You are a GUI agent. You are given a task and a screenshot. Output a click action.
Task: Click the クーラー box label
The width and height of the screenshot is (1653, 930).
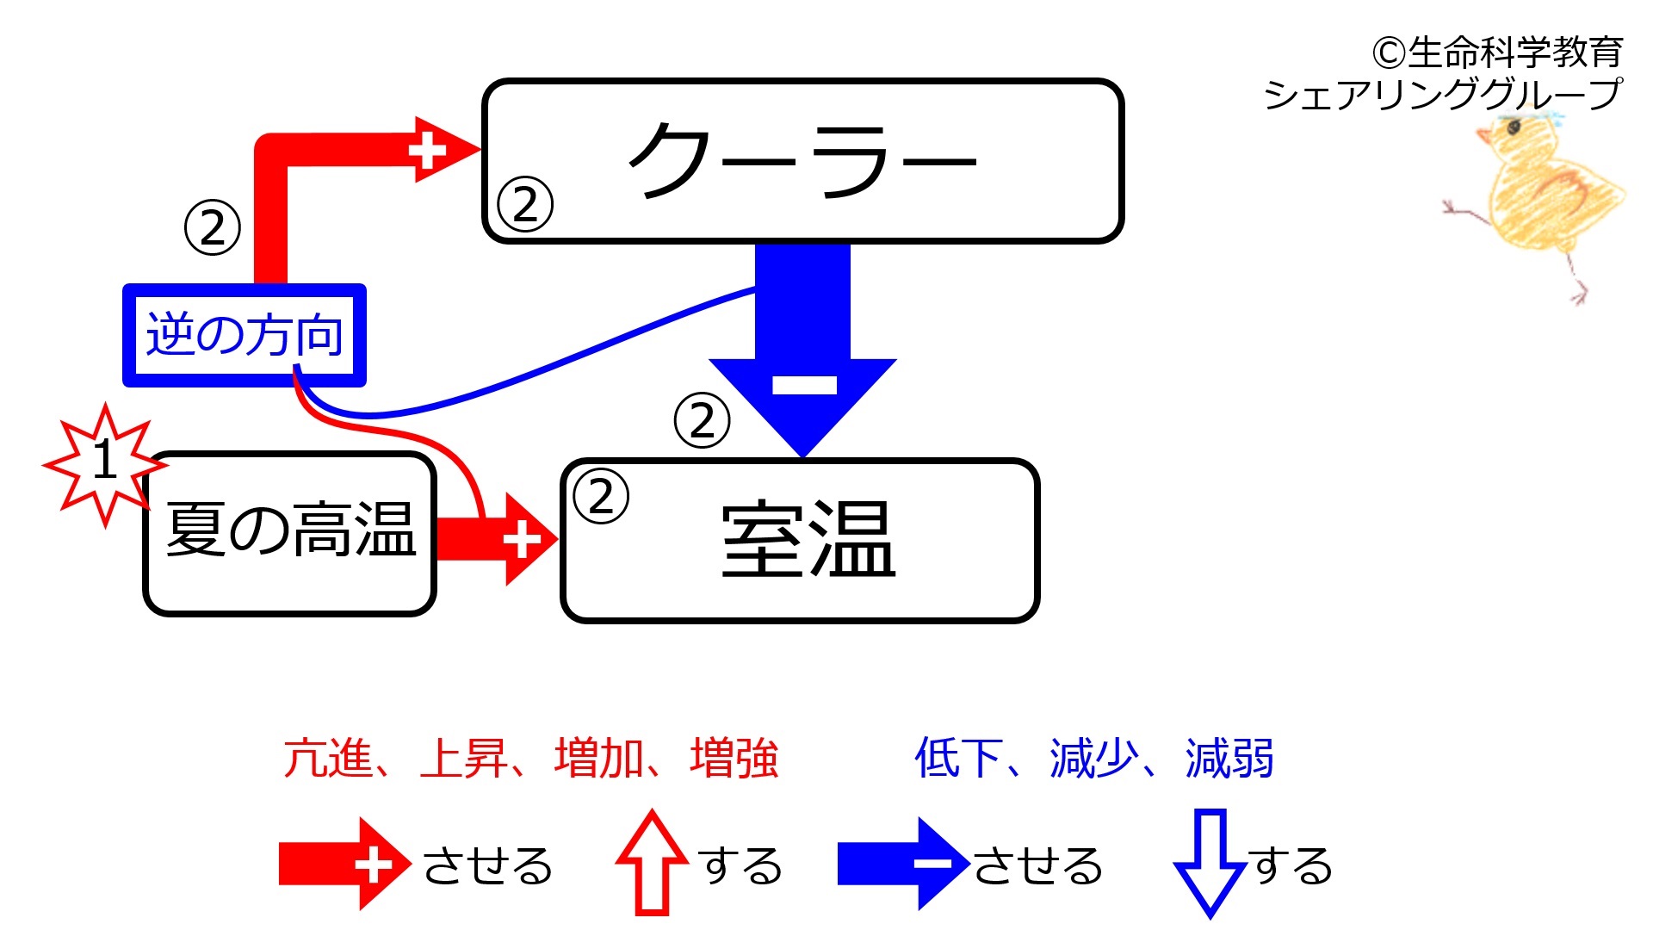point(802,161)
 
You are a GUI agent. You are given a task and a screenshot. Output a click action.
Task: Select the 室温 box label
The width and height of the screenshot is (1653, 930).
point(808,539)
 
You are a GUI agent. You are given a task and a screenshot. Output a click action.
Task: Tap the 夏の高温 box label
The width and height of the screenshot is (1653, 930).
point(291,530)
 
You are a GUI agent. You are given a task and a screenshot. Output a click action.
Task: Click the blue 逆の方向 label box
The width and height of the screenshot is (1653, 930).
point(245,335)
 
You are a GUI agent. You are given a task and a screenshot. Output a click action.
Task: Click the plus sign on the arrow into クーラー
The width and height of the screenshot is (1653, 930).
point(427,151)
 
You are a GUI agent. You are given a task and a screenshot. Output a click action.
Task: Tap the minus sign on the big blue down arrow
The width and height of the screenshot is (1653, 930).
point(804,384)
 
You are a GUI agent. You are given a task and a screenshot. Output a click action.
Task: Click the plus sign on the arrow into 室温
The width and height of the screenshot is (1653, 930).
point(522,540)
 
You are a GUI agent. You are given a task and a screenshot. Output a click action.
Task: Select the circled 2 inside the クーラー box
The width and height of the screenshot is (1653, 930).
point(525,204)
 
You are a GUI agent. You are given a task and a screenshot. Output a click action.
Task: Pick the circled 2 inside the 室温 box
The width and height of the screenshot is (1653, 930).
point(601,496)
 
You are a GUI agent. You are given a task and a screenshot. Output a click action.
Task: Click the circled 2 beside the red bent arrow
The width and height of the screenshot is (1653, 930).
point(213,227)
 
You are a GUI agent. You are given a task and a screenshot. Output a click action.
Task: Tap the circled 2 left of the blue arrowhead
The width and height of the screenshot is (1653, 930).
point(703,420)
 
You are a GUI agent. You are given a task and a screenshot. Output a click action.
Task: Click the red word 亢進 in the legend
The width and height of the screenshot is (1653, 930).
point(327,759)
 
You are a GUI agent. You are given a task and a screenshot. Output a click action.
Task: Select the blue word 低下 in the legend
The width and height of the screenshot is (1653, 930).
point(958,759)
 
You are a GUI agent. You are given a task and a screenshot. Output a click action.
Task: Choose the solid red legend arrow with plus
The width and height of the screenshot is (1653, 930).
point(344,864)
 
